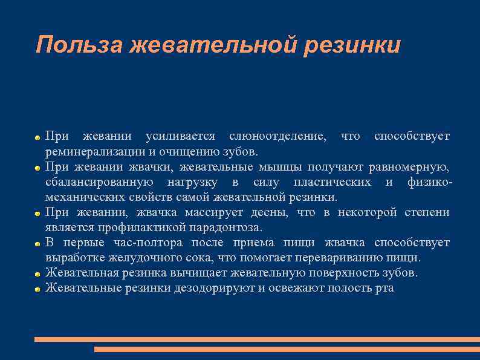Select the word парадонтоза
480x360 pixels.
coord(230,227)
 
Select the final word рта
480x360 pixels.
coord(384,288)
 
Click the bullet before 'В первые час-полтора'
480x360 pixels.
coord(37,243)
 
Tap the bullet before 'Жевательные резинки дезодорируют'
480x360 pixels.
coord(37,289)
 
